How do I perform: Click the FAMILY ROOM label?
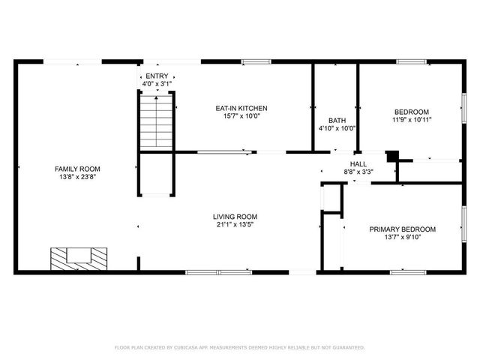[77, 169]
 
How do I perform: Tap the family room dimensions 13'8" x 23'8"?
[77, 177]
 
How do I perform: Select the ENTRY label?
[157, 76]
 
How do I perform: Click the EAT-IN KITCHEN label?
[241, 108]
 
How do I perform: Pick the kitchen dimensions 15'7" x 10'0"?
[241, 116]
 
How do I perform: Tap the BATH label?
[337, 120]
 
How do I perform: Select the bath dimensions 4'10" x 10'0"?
[337, 128]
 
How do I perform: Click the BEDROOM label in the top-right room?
[411, 111]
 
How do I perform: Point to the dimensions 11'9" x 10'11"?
[411, 119]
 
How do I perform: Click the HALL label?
[358, 163]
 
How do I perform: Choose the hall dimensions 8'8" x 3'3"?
[358, 172]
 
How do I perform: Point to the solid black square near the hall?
[391, 156]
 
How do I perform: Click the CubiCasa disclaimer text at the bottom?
[239, 347]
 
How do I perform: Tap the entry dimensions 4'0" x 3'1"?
[157, 84]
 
